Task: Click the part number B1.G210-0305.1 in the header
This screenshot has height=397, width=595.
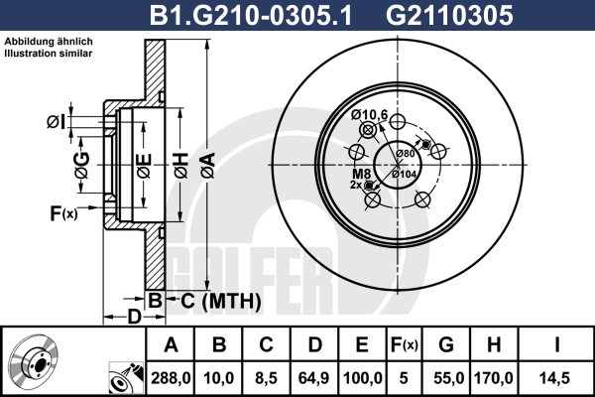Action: (251, 15)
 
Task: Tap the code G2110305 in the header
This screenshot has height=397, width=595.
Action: (449, 15)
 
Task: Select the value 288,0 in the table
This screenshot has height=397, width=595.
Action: (171, 378)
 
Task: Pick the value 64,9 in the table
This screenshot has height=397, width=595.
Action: (313, 378)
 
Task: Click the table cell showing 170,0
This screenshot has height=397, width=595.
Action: (493, 378)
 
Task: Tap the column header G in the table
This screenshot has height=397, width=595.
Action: (446, 344)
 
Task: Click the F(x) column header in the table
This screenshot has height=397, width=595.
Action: (405, 345)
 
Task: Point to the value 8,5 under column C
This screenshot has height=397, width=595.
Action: (266, 378)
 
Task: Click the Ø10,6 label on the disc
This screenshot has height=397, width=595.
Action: (369, 114)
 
